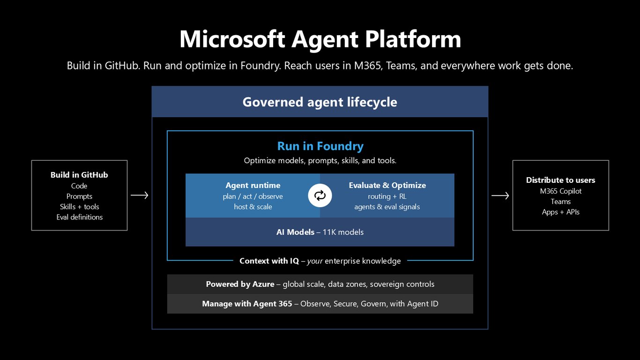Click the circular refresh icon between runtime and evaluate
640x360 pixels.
click(320, 195)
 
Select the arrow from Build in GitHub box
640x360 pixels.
click(140, 195)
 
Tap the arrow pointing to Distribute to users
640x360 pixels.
click(500, 195)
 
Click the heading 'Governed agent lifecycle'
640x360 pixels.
click(320, 102)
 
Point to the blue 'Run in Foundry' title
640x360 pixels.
click(320, 146)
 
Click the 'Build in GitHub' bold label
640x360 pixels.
click(79, 175)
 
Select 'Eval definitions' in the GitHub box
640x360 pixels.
click(80, 217)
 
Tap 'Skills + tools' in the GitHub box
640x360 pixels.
click(80, 206)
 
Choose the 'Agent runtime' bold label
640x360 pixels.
click(253, 185)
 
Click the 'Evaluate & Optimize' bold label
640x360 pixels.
click(387, 185)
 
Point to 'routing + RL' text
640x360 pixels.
click(387, 196)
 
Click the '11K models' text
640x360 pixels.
click(343, 232)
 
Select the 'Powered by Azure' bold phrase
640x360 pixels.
click(240, 284)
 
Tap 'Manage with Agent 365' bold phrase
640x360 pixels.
click(247, 303)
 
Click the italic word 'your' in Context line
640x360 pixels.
click(315, 261)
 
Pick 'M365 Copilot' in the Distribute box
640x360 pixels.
click(560, 191)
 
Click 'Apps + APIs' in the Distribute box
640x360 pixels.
click(560, 212)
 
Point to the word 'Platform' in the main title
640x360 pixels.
click(413, 39)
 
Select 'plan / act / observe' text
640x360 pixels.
click(253, 196)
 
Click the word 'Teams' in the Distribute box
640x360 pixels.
click(560, 202)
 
